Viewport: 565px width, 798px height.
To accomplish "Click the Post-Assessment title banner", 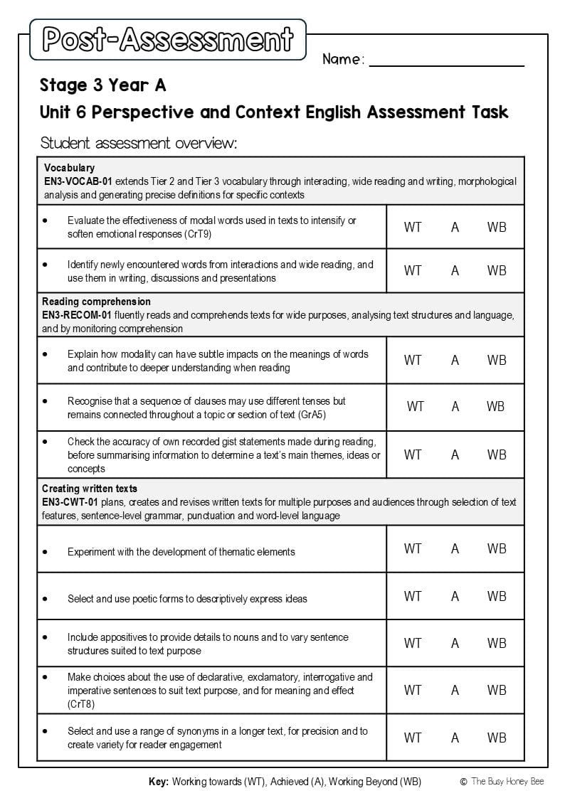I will [x=168, y=40].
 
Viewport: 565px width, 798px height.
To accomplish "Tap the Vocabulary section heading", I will [x=69, y=168].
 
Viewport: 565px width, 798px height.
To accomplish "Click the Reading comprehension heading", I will [x=96, y=302].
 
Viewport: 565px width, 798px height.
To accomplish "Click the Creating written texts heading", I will [x=90, y=489].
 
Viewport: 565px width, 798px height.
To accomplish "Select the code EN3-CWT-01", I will [x=70, y=502].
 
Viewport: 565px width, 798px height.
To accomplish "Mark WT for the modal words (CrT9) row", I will [x=413, y=228].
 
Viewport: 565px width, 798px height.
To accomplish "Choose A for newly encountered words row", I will [x=455, y=271].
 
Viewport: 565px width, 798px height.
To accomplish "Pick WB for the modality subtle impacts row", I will [x=497, y=361].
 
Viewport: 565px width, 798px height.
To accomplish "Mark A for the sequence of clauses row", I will [x=455, y=407].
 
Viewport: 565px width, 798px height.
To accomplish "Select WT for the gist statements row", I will [x=413, y=454].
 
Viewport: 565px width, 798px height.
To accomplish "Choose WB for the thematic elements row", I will [x=497, y=549].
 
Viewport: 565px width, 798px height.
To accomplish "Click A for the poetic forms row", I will [x=455, y=597].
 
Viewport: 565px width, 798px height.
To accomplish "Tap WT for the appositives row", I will [x=413, y=643].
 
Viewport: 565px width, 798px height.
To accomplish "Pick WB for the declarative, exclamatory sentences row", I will [x=497, y=690].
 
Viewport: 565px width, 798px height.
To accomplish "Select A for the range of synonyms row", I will [x=455, y=738].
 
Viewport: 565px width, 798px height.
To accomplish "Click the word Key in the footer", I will [x=158, y=782].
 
